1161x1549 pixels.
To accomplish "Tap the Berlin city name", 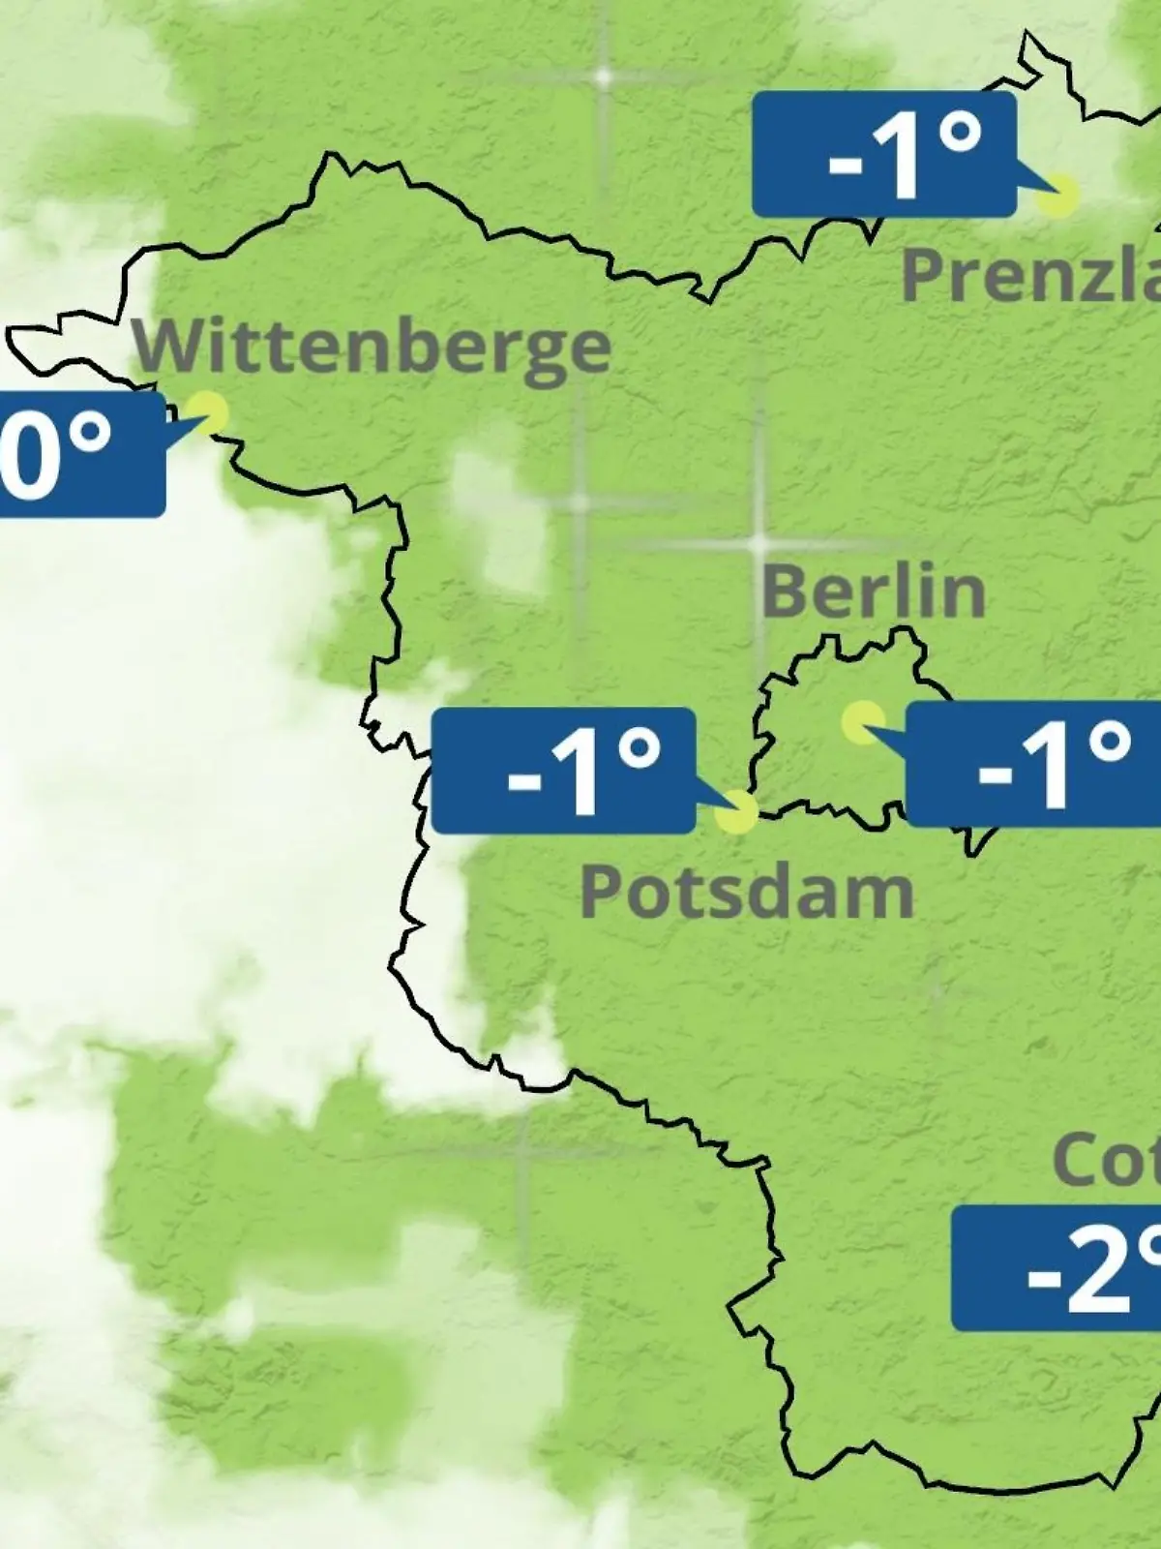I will (x=873, y=592).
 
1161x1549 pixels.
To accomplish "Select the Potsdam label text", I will (x=746, y=892).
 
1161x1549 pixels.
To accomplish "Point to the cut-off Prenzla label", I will (x=1030, y=274).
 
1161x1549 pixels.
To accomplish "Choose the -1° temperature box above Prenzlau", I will (x=884, y=155).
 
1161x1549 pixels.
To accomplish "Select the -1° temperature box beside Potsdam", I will (x=563, y=771).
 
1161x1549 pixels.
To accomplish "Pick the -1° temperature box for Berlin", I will (x=1033, y=765).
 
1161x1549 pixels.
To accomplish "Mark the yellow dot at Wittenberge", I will (x=207, y=412).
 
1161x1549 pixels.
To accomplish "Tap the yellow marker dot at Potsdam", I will (x=736, y=811).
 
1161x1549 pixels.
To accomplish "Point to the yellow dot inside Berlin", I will (x=862, y=722).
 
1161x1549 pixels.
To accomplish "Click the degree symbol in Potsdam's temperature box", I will (x=640, y=746).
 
